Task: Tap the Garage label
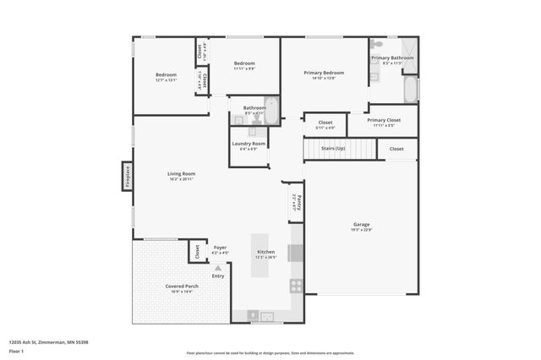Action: tap(361, 224)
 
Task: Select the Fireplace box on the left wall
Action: tap(128, 176)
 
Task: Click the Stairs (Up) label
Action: tap(334, 149)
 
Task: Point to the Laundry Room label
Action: tap(249, 144)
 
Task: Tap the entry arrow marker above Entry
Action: tap(218, 268)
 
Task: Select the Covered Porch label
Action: tap(182, 286)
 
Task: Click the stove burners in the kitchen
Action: tap(296, 286)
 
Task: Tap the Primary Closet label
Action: tap(384, 120)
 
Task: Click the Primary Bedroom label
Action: tap(324, 73)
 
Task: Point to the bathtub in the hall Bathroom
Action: tap(272, 110)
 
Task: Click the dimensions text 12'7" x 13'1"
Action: tap(166, 80)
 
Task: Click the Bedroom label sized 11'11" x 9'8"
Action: tap(244, 63)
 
